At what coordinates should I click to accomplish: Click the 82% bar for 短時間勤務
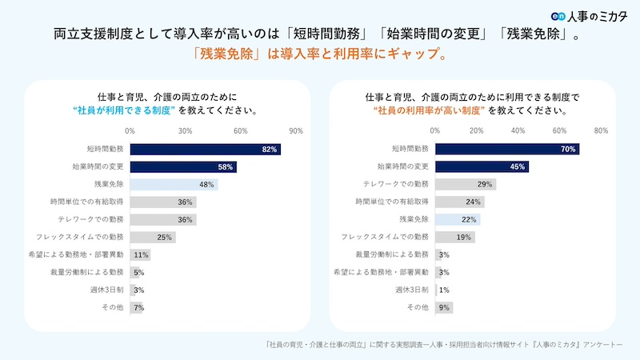pyautogui.click(x=205, y=149)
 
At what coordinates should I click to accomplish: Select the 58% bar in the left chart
pyautogui.click(x=183, y=166)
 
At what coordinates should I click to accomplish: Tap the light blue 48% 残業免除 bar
pyautogui.click(x=174, y=184)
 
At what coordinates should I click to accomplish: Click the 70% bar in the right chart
pyautogui.click(x=507, y=149)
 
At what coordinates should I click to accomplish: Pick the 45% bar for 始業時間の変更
pyautogui.click(x=482, y=166)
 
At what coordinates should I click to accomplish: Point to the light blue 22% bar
pyautogui.click(x=458, y=219)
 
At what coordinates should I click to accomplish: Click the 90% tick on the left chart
pyautogui.click(x=295, y=131)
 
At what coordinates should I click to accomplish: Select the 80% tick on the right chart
pyautogui.click(x=601, y=131)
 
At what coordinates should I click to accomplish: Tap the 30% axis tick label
pyautogui.click(x=185, y=131)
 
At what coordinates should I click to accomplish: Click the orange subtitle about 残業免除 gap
pyautogui.click(x=319, y=55)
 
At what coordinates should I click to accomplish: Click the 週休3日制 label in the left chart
pyautogui.click(x=109, y=290)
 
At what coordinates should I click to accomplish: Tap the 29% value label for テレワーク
pyautogui.click(x=485, y=184)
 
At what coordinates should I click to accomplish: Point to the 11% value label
pyautogui.click(x=142, y=254)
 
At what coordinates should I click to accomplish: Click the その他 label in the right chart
pyautogui.click(x=418, y=307)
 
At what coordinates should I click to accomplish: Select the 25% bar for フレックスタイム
pyautogui.click(x=152, y=237)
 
